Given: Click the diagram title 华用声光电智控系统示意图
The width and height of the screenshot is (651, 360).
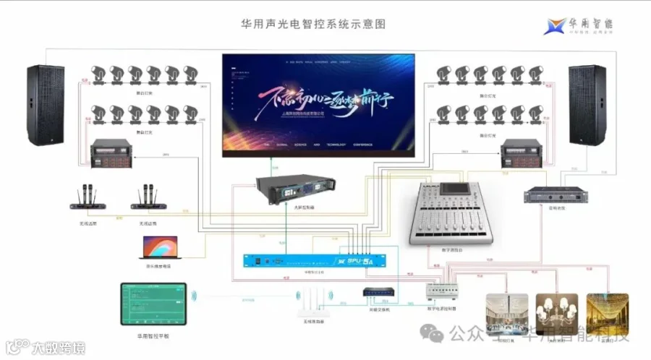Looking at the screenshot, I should coord(313,24).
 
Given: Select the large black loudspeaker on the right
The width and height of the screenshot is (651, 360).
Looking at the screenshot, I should coord(587,105).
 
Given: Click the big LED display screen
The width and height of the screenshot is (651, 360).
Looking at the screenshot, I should coord(318,105).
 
